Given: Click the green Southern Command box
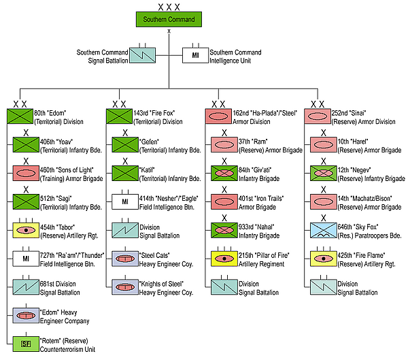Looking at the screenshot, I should point(169,19).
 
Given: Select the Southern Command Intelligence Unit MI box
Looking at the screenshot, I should point(194,54).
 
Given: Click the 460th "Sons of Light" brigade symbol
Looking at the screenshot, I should point(26,173).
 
